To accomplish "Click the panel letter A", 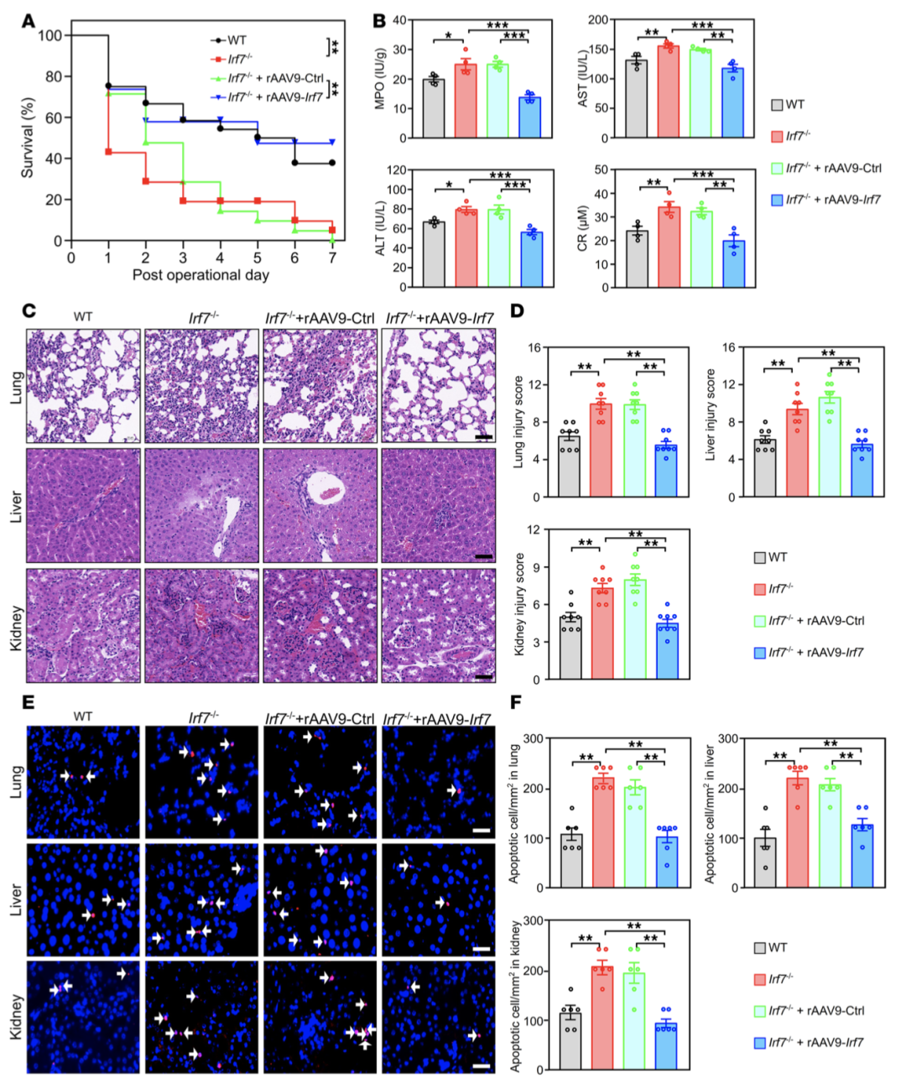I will [x=28, y=20].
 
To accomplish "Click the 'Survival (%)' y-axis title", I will [x=28, y=138].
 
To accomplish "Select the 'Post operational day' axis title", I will [x=200, y=275].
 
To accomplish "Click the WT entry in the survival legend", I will [x=237, y=39].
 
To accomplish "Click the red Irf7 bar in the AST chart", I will [x=668, y=92].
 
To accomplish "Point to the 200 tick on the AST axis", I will [x=596, y=19].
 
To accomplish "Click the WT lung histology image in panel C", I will [x=83, y=385].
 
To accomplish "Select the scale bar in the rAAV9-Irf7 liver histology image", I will [x=483, y=556].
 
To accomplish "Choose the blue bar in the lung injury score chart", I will [x=666, y=471].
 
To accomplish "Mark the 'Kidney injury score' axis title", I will [x=519, y=604].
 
